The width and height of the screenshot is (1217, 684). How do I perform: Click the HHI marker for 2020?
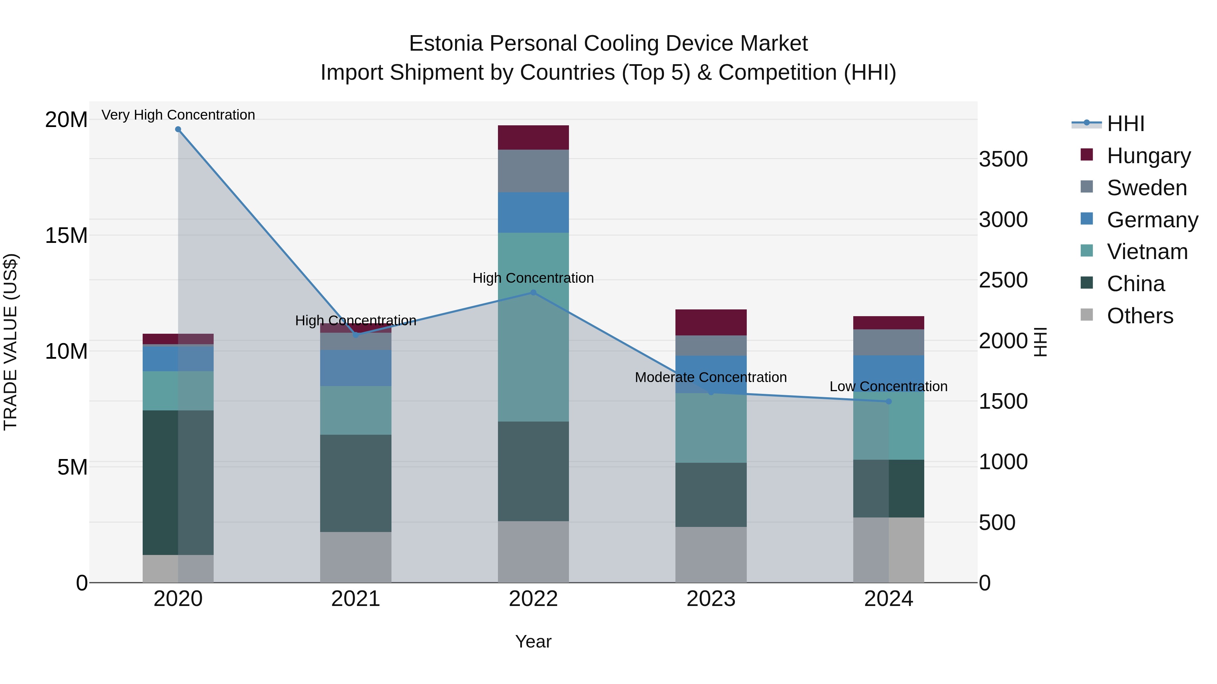tap(178, 129)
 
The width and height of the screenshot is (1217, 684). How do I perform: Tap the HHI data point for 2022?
tap(533, 293)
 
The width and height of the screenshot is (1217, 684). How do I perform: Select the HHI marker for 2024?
tap(889, 402)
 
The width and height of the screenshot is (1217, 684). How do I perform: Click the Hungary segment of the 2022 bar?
tap(533, 138)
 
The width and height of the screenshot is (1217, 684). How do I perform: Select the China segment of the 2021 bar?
tap(356, 483)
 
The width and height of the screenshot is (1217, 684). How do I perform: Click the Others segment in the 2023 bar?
tap(711, 555)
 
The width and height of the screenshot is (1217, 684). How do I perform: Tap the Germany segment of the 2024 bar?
tap(889, 373)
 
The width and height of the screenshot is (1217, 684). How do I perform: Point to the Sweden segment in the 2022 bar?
tap(533, 171)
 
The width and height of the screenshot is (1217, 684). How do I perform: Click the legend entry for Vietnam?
tap(1147, 252)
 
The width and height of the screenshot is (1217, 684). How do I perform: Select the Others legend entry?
tap(1140, 316)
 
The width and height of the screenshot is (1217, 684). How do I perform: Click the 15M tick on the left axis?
tap(66, 235)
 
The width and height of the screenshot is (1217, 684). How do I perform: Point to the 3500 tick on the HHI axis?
tap(1003, 159)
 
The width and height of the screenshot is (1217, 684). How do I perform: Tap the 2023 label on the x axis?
tap(711, 599)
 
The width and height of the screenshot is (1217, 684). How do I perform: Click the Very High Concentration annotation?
tap(178, 115)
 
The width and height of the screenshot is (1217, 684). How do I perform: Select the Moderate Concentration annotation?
tap(711, 378)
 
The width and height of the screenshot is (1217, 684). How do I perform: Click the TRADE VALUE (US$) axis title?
tap(10, 342)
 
